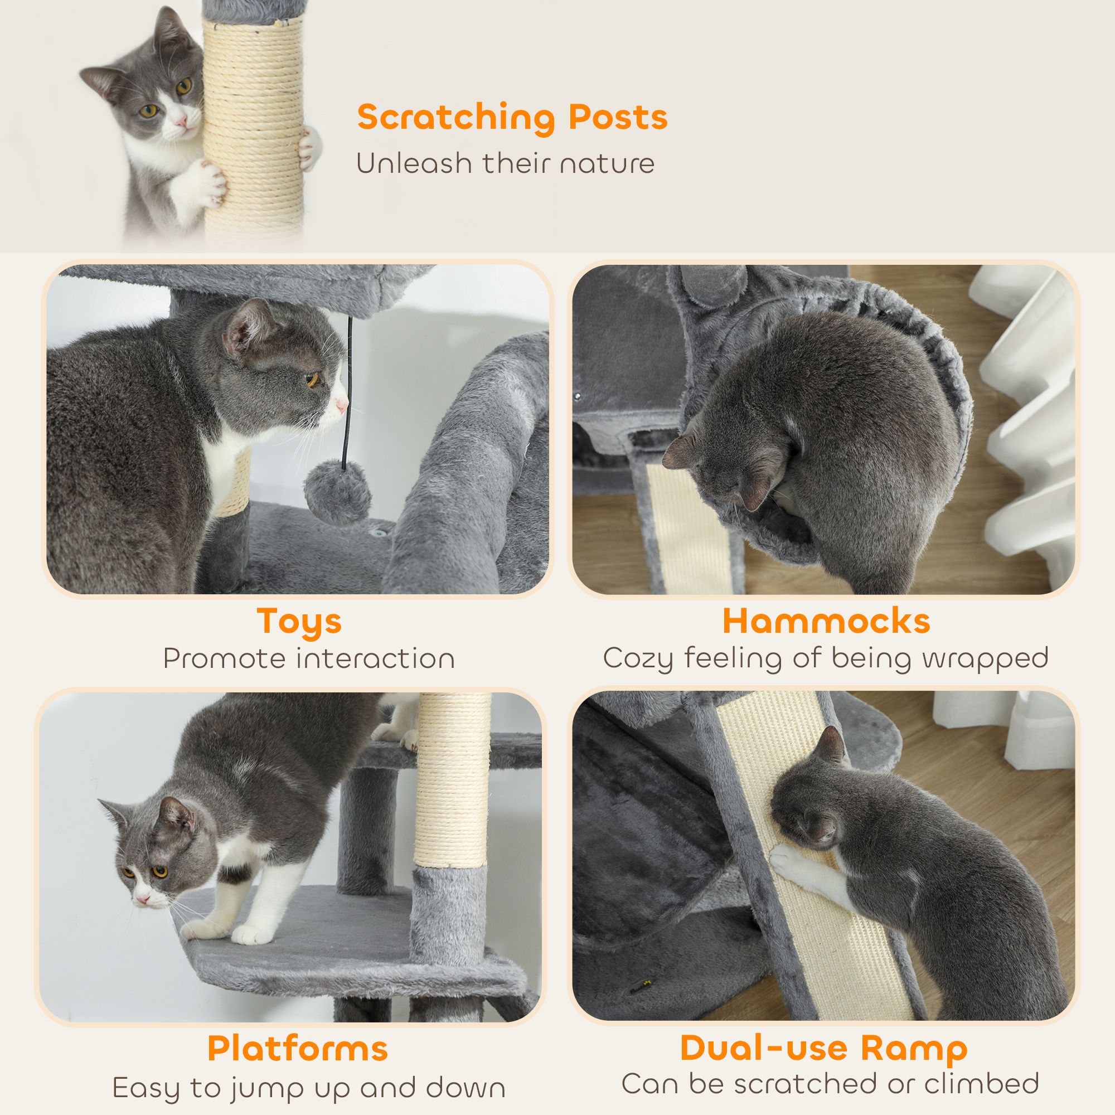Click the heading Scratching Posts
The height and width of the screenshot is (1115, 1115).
[512, 117]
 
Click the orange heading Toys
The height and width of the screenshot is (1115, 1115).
[299, 622]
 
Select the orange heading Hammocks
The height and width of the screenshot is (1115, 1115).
[826, 621]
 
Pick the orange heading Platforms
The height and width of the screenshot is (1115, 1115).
[297, 1049]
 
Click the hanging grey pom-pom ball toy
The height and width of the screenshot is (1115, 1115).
[338, 492]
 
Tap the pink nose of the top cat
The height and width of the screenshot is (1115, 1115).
[181, 122]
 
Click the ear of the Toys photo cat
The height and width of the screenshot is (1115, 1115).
[245, 329]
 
